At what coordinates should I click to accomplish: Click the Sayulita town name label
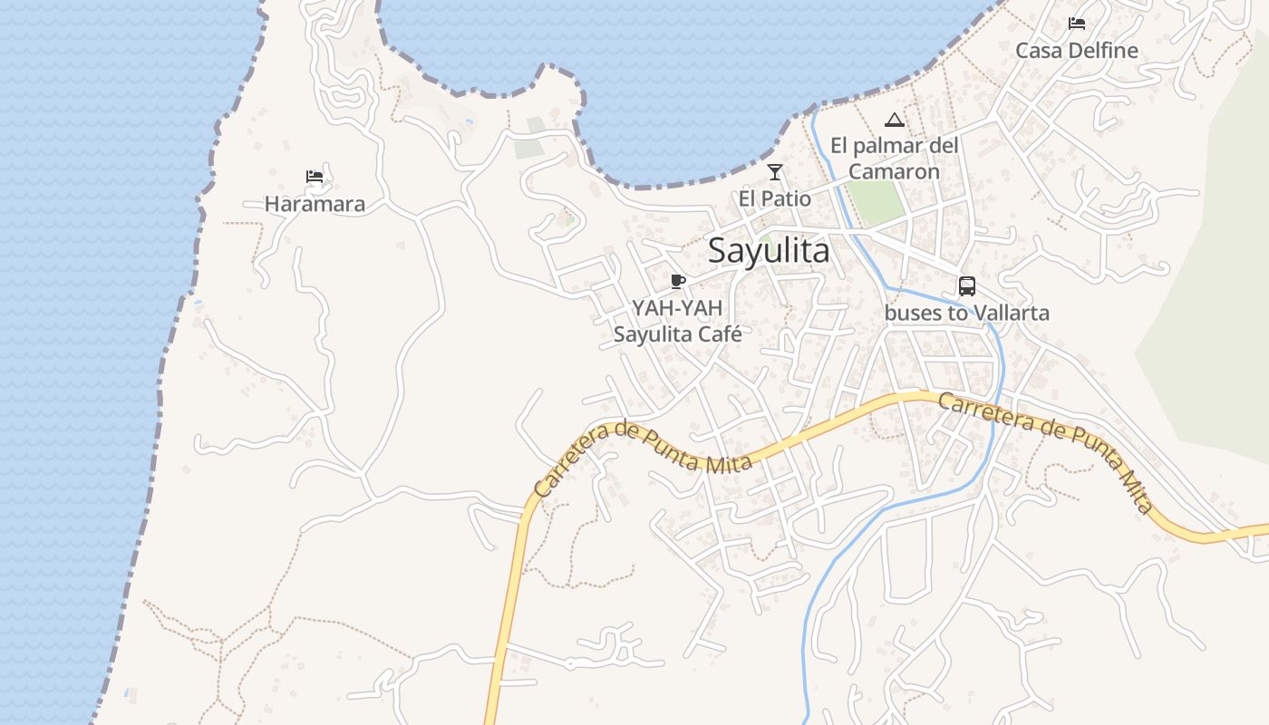click(x=769, y=251)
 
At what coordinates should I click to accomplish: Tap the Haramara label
click(x=315, y=204)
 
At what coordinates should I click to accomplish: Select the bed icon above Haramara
click(x=315, y=176)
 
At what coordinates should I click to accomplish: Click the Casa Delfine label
click(x=1076, y=51)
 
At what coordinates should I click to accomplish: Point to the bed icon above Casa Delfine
click(x=1076, y=23)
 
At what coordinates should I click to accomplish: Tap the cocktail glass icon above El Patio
click(x=775, y=171)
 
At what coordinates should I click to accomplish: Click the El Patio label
click(x=775, y=198)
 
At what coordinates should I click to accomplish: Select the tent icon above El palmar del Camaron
click(x=895, y=120)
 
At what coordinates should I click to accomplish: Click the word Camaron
click(x=894, y=171)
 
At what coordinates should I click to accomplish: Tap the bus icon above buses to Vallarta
click(x=967, y=286)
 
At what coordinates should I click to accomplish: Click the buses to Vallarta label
click(x=967, y=314)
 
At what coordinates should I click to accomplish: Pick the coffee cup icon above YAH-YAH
click(x=677, y=281)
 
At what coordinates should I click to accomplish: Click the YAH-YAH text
click(x=677, y=308)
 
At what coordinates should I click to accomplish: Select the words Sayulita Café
click(x=677, y=334)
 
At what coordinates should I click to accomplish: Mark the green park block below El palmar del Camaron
click(x=877, y=203)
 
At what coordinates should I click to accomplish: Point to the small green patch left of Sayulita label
click(x=766, y=241)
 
